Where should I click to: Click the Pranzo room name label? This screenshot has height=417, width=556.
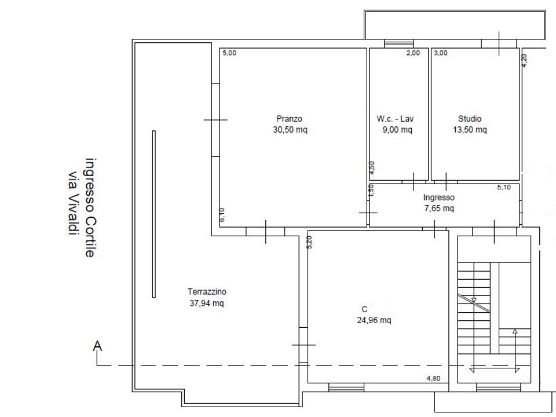pyautogui.click(x=290, y=119)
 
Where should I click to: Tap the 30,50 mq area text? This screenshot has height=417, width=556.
pyautogui.click(x=290, y=130)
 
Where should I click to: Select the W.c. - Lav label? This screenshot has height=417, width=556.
pyautogui.click(x=395, y=119)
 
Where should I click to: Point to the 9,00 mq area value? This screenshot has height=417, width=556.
pyautogui.click(x=397, y=130)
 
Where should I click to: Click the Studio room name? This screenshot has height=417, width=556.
pyautogui.click(x=470, y=119)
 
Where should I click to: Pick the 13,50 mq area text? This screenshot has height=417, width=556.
pyautogui.click(x=470, y=130)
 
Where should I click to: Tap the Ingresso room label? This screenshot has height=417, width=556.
pyautogui.click(x=438, y=197)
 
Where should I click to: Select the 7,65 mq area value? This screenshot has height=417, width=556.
pyautogui.click(x=439, y=208)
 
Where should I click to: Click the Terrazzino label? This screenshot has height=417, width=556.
pyautogui.click(x=207, y=292)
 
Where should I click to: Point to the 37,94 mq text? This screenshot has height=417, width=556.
pyautogui.click(x=207, y=303)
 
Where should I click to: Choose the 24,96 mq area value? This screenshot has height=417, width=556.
pyautogui.click(x=374, y=320)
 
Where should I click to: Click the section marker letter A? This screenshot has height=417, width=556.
pyautogui.click(x=97, y=346)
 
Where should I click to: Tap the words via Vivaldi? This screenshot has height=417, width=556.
pyautogui.click(x=73, y=203)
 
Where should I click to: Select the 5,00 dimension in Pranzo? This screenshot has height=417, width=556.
pyautogui.click(x=229, y=53)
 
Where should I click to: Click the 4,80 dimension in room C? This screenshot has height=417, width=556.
pyautogui.click(x=433, y=378)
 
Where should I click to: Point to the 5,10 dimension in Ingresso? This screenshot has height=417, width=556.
pyautogui.click(x=504, y=187)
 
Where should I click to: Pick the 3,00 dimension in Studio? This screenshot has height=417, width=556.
pyautogui.click(x=441, y=53)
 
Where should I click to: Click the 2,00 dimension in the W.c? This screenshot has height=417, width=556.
pyautogui.click(x=413, y=53)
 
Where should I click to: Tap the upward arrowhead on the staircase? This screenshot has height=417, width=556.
pyautogui.click(x=515, y=331)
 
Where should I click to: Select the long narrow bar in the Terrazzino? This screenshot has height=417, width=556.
pyautogui.click(x=154, y=214)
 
